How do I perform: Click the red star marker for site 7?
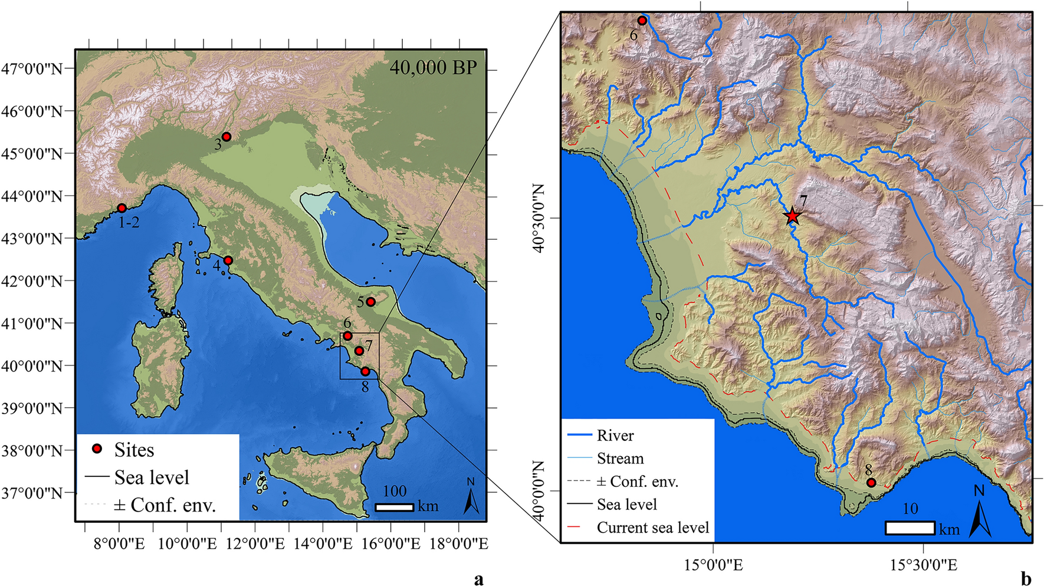pyautogui.click(x=792, y=216)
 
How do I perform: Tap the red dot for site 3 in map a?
pyautogui.click(x=226, y=137)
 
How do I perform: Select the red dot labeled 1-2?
pyautogui.click(x=122, y=208)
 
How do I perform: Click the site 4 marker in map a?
pyautogui.click(x=228, y=260)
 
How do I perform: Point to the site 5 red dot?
pyautogui.click(x=371, y=302)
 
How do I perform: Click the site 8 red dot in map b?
pyautogui.click(x=871, y=483)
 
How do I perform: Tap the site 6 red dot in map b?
pyautogui.click(x=642, y=21)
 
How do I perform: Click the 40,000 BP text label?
pyautogui.click(x=433, y=68)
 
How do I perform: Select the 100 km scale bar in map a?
pyautogui.click(x=395, y=507)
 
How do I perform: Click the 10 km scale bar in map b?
pyautogui.click(x=910, y=527)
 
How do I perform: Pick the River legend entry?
pyautogui.click(x=615, y=436)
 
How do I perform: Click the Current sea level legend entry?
pyautogui.click(x=652, y=527)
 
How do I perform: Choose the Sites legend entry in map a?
pyautogui.click(x=134, y=450)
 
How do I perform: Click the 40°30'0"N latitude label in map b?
pyautogui.click(x=539, y=218)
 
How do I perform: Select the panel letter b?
pyautogui.click(x=1026, y=579)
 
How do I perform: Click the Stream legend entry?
pyautogui.click(x=620, y=459)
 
